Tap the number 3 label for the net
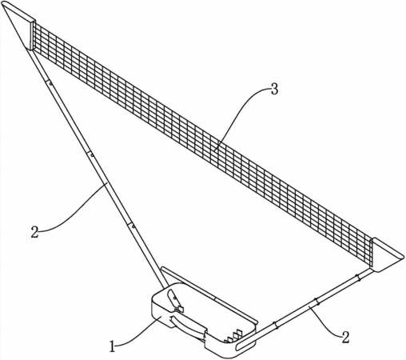tap(274, 89)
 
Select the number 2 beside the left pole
tap(35, 232)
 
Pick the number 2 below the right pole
tap(345, 338)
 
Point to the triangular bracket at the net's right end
tap(386, 255)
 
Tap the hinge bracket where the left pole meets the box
tap(173, 299)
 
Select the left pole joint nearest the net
tap(50, 83)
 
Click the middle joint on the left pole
tap(90, 154)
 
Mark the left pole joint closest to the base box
tap(132, 226)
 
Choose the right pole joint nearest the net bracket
tap(357, 278)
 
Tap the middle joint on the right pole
tap(316, 301)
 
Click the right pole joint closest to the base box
tap(275, 325)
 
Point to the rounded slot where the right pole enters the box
tap(246, 344)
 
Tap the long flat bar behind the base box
tap(209, 294)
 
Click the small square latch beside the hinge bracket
tap(181, 309)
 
